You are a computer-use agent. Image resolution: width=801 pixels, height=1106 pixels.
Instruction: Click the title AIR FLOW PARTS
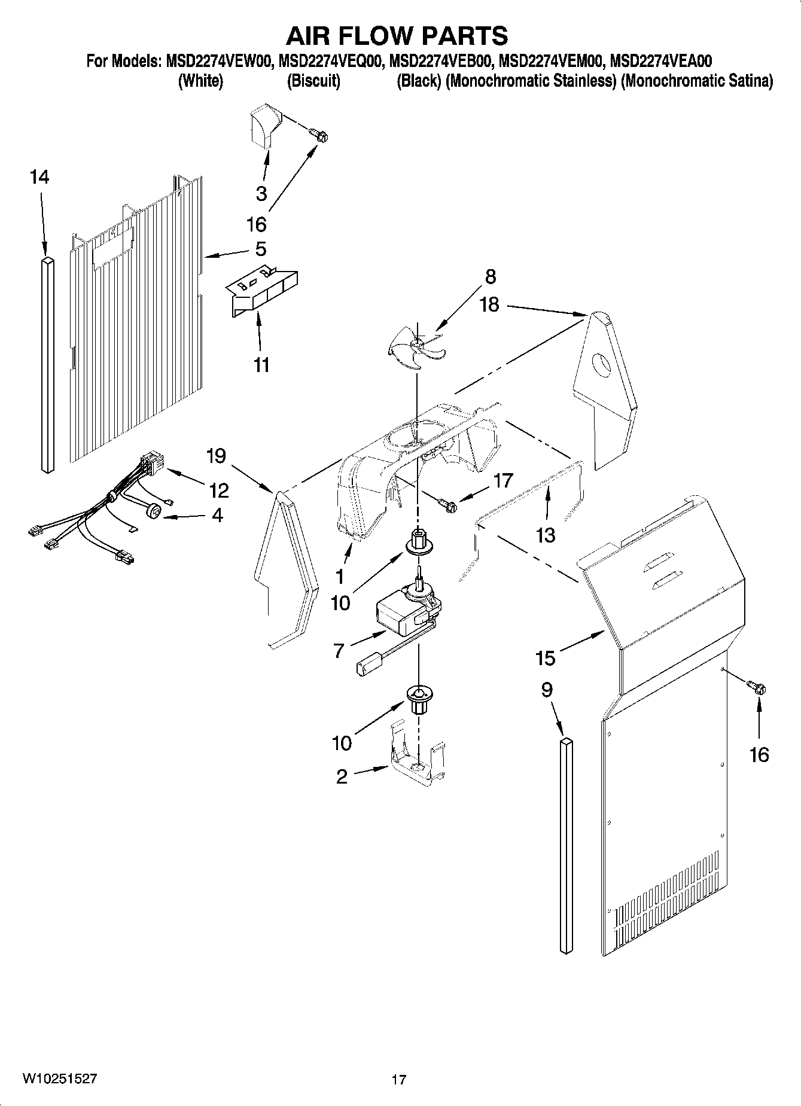tap(397, 36)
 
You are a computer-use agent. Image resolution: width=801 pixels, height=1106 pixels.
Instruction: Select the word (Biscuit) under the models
tap(313, 81)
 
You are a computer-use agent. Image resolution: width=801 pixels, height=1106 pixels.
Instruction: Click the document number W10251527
tap(60, 1078)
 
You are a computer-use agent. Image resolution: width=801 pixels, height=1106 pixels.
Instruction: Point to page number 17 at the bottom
tap(398, 1080)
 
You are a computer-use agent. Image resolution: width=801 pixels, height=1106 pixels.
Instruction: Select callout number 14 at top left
tap(39, 177)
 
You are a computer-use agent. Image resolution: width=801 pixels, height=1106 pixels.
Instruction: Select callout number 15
tap(546, 658)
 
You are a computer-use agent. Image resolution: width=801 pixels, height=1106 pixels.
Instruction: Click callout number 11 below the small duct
tap(261, 364)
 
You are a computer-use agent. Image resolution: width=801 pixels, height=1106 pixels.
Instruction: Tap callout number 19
tap(216, 456)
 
